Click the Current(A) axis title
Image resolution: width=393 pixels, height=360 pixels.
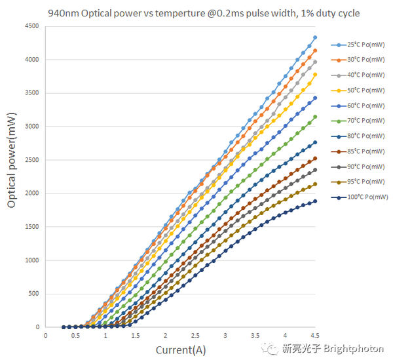180,349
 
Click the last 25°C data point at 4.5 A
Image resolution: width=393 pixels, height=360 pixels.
315,37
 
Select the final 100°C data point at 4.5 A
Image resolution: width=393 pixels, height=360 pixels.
315,201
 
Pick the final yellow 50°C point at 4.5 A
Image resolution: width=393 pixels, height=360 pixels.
315,74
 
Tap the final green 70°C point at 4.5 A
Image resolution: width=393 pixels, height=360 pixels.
315,117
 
